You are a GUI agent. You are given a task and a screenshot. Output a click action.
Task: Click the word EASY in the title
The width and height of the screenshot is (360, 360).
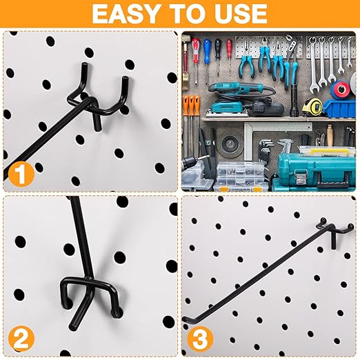pos(128,13)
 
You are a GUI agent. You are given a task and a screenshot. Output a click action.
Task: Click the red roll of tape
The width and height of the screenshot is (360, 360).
pos(341,91)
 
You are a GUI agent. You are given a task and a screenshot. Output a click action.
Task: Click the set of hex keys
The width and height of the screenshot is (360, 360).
pos(266,148)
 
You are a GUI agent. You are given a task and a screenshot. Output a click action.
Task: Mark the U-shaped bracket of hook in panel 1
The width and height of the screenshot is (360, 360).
pos(110,97)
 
